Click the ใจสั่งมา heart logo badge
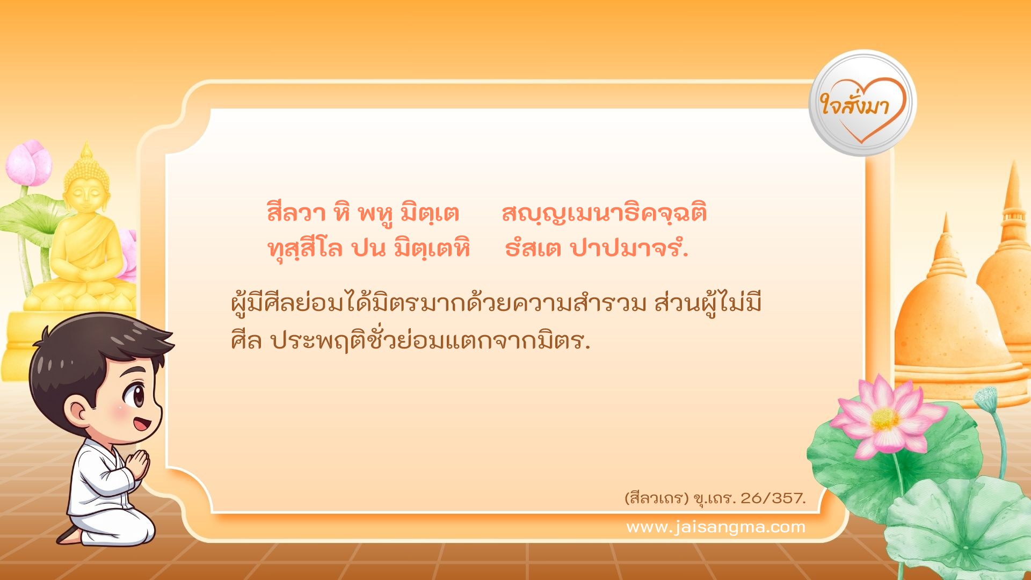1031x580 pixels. [x=862, y=103]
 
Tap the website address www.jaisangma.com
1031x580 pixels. [x=716, y=527]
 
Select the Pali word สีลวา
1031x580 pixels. [x=296, y=213]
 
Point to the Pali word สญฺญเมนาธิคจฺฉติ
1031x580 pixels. [x=604, y=213]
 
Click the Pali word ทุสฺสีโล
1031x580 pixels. [x=305, y=249]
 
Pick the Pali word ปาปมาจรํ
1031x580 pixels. [x=629, y=249]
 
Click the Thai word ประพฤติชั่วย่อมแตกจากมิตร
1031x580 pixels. [x=430, y=340]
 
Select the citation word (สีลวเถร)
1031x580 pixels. [x=656, y=498]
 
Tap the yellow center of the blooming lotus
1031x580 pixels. [x=884, y=419]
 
